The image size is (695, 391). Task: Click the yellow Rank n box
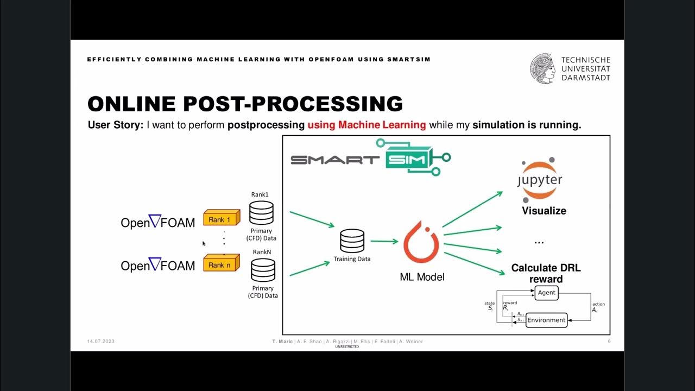pos(221,264)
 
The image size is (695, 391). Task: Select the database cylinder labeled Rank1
pos(261,213)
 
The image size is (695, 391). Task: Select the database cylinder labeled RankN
pos(263,270)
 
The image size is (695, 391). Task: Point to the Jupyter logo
pos(539,179)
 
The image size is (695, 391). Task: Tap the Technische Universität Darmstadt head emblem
pos(543,68)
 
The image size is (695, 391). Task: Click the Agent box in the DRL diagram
pos(546,293)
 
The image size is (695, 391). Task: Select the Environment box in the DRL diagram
pos(546,320)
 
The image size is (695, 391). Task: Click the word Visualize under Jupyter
pos(544,211)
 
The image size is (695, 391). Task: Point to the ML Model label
pos(422,277)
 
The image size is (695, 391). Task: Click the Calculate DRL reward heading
pos(542,273)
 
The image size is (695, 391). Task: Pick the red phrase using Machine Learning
pos(367,125)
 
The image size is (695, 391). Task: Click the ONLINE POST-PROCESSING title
pos(245,104)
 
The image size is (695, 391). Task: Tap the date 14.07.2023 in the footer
pos(100,342)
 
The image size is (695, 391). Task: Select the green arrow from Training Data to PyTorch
pos(384,242)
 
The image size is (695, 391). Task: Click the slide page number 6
pos(609,342)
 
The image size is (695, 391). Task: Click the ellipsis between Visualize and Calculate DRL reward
pos(539,242)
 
